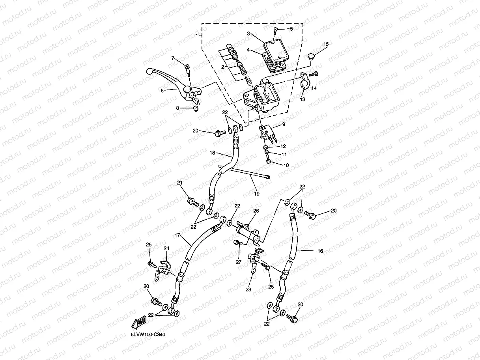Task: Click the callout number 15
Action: click(326, 44)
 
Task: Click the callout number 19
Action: click(256, 194)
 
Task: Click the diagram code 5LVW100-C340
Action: click(148, 334)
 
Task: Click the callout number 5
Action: click(291, 29)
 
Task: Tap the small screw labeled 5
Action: click(275, 31)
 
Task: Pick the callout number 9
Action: click(284, 124)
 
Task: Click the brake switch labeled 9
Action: click(268, 133)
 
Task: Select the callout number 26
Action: click(256, 211)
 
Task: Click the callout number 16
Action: click(320, 251)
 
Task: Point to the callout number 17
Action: click(177, 235)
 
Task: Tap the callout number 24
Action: click(166, 248)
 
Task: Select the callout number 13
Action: click(303, 99)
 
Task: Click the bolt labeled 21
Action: click(193, 201)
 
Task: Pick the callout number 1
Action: click(197, 35)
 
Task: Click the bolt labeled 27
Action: click(237, 242)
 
